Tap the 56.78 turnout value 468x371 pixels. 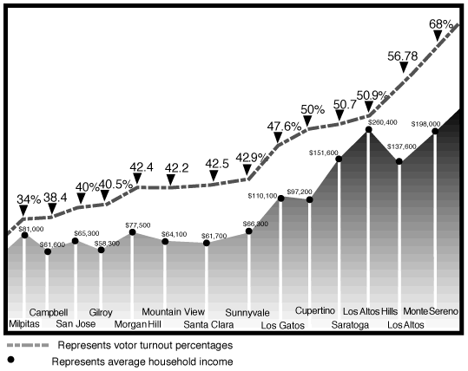pos(402,56)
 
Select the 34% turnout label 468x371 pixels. pos(29,200)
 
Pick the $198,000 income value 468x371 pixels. pos(425,124)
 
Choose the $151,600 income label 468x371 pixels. pos(324,153)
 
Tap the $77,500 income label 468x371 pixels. pos(138,225)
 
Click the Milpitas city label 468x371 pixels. pos(23,325)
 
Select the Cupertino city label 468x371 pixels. pos(315,310)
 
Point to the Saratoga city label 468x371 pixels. pos(350,325)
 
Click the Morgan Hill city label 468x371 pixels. pos(138,325)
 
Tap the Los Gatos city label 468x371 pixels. pos(282,326)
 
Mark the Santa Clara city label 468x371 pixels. pos(208,325)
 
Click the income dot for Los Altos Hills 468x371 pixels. pos(369,129)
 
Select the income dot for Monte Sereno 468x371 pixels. pos(435,132)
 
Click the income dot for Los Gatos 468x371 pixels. pos(281,198)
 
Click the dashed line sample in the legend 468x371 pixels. pos(24,344)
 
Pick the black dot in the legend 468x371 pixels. pos(11,360)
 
